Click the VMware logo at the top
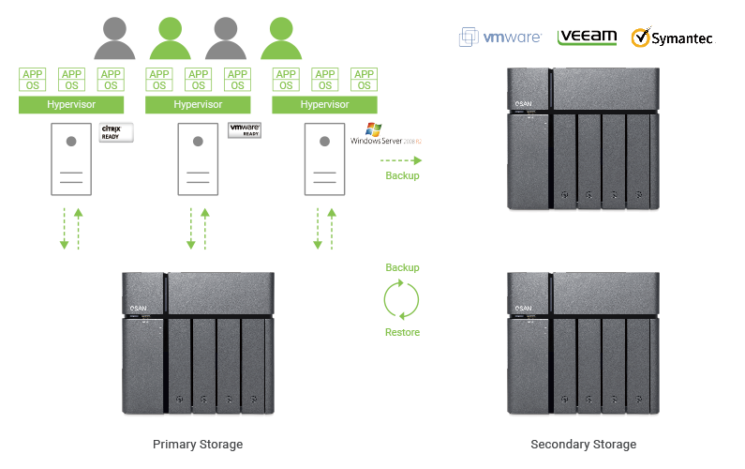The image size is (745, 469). pos(499,38)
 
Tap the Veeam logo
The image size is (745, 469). pos(587,37)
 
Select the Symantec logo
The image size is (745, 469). pos(671,38)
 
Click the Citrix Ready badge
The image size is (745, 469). pos(117,132)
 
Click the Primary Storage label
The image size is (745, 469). pos(198,444)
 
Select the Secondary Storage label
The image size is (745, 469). pos(583,444)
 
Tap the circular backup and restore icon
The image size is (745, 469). pos(401,300)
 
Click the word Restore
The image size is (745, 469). pos(402,332)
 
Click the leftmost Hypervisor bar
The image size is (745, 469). pos(71,104)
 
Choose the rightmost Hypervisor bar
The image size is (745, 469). pos(324,104)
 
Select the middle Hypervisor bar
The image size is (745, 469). pos(198,104)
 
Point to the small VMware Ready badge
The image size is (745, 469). pos(244,130)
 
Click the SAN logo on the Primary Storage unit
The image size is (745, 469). pos(139,306)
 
